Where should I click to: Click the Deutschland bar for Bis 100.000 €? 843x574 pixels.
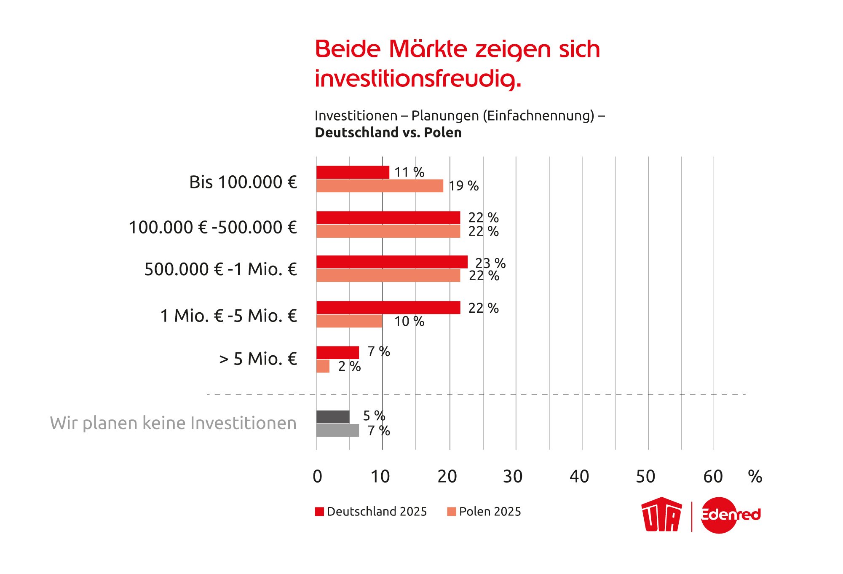[x=353, y=172]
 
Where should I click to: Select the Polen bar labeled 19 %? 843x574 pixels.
[x=380, y=186]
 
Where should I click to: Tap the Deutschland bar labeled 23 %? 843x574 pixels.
[x=392, y=262]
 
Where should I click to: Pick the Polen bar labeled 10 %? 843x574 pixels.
[x=349, y=321]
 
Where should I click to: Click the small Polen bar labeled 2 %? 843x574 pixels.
[x=323, y=366]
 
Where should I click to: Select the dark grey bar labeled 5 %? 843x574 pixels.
[x=333, y=417]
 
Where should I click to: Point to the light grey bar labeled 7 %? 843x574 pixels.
[x=337, y=431]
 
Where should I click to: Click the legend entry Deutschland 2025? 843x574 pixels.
[x=371, y=512]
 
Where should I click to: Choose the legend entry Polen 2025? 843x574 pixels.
[x=484, y=512]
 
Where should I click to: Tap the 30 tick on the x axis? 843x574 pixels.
[x=513, y=477]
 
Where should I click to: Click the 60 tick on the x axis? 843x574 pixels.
[x=713, y=477]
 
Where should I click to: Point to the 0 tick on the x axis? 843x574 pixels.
[x=317, y=477]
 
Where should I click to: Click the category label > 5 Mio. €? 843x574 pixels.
[x=258, y=359]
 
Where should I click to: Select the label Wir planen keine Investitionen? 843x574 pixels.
[x=173, y=423]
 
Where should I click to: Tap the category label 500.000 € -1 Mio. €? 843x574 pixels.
[x=221, y=269]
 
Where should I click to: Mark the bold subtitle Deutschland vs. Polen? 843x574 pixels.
[x=388, y=133]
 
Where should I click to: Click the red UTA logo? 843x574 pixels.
[x=661, y=515]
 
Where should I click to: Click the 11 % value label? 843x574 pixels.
[x=409, y=172]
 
